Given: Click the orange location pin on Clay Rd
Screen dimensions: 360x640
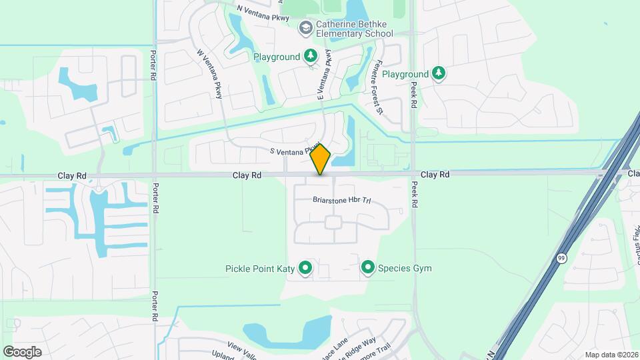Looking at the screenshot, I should pos(321,159).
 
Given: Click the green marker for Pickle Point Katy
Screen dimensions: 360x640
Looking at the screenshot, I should pos(305,269).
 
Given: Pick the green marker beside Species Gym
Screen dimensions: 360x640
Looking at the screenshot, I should pos(367,268).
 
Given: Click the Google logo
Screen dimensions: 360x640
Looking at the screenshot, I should pos(22,352).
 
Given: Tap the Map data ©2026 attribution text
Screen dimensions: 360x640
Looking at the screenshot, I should pos(611,355).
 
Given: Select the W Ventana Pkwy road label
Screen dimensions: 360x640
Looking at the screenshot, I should pos(209,73).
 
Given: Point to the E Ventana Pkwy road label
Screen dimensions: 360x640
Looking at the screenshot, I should pos(324,75).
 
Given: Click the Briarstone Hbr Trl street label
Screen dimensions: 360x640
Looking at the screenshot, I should pos(341,200).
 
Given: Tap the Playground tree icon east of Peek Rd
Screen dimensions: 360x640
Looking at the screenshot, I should pos(438,73).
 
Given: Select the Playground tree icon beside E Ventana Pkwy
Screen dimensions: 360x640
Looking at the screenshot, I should pos(310,57).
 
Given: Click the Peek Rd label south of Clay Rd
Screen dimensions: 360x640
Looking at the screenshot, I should pos(414,195).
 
